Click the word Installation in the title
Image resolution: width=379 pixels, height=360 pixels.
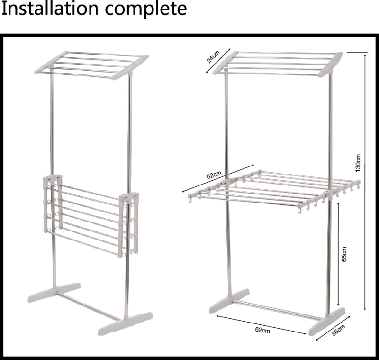coord(50,8)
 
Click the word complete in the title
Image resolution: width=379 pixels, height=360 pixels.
coord(146,9)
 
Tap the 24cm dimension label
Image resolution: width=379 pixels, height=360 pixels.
coord(213,56)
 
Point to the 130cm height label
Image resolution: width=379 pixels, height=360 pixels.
coord(358,163)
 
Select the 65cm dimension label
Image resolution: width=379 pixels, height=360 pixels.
coord(344,254)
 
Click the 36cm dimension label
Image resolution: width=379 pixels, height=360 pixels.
coord(338,330)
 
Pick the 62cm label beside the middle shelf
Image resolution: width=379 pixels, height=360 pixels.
coord(214,175)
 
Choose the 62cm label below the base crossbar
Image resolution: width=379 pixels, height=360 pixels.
coord(262,330)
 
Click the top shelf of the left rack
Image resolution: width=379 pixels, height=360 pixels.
coord(91,65)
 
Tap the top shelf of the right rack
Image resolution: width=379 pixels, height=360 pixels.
coord(278,64)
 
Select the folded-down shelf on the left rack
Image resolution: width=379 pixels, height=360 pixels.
coord(91,216)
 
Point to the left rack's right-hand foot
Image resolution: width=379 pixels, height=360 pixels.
coord(125,323)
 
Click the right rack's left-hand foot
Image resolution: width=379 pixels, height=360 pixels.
coord(229,301)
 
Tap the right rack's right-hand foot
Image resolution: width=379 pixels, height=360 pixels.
coord(327,322)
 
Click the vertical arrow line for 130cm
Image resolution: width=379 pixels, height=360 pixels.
coord(365,182)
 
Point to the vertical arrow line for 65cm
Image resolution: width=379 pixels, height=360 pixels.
coord(338,254)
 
